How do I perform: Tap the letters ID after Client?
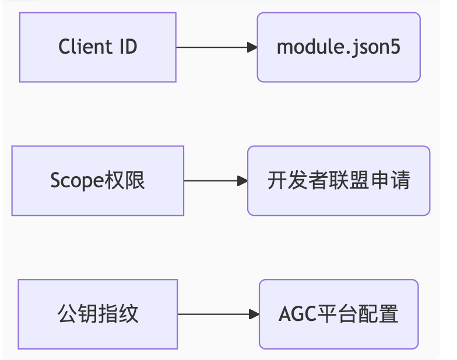tap(129, 47)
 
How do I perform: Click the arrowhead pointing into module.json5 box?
tap(252, 47)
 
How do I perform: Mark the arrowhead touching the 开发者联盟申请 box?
tap(242, 181)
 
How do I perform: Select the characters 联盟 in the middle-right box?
tap(353, 180)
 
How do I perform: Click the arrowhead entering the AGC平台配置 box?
tap(254, 314)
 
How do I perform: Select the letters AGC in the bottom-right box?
tap(297, 314)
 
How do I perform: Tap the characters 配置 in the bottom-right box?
tap(379, 314)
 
